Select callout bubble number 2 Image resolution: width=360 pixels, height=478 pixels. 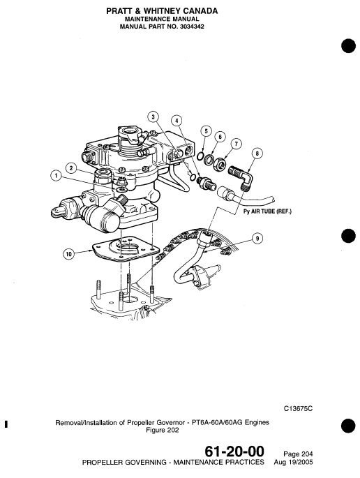pos(71,167)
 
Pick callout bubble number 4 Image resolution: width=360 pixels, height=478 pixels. pos(177,121)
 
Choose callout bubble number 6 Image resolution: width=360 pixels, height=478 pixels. pos(220,137)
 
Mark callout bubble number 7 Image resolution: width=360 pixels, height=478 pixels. pos(237,144)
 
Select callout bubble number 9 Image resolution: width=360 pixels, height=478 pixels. pos(257,239)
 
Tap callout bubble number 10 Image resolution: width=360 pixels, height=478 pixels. pos(68,254)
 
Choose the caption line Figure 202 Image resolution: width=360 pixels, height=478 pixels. pos(163,431)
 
